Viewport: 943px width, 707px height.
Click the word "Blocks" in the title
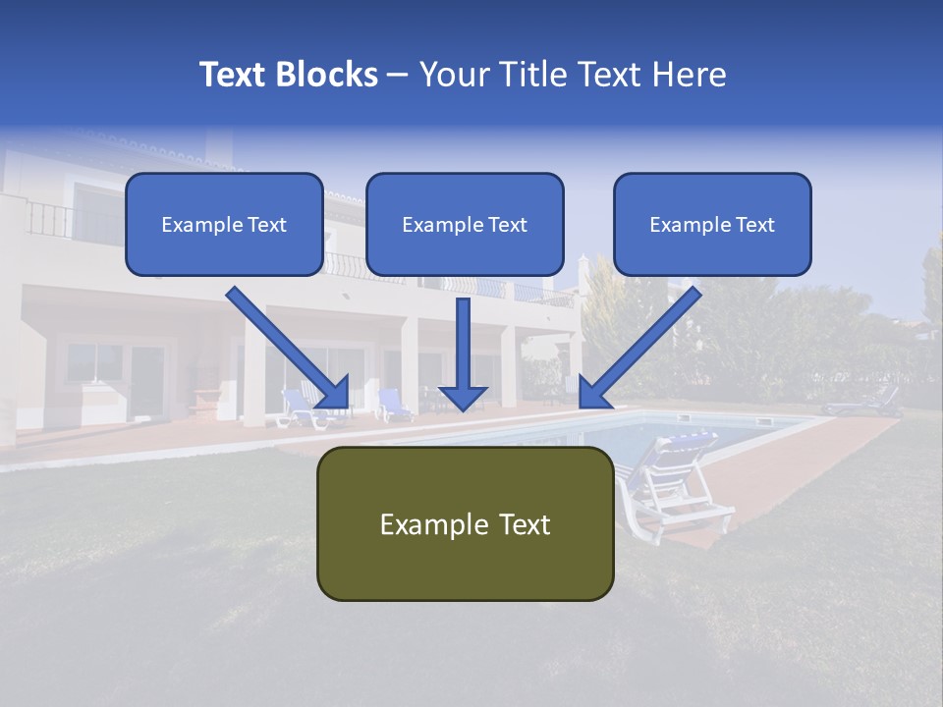pos(327,75)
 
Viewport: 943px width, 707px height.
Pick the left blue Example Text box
pos(224,225)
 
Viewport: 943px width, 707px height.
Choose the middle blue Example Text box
pos(465,225)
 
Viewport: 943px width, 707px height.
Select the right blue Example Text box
pos(712,225)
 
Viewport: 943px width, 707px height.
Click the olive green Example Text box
pos(465,523)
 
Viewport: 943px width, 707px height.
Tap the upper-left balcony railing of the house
pos(49,219)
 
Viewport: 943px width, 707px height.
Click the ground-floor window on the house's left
pos(94,362)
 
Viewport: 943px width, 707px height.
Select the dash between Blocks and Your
pos(397,76)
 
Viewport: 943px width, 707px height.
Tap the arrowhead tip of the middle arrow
pos(463,407)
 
